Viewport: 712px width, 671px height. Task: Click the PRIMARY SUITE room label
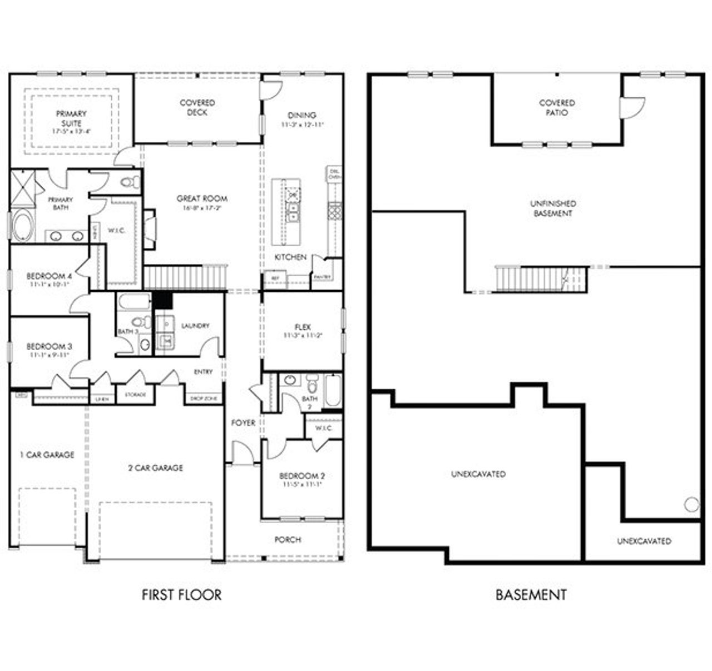(x=71, y=118)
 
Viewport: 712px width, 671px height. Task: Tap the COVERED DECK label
(x=197, y=107)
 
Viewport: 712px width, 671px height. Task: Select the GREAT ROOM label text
(x=201, y=198)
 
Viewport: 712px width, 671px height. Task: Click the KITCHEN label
(x=290, y=257)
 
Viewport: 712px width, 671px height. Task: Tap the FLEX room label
(x=303, y=327)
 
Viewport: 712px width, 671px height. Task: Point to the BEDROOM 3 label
(x=49, y=347)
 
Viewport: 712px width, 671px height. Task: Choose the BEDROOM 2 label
(x=301, y=476)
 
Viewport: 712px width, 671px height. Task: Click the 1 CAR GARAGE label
(x=47, y=455)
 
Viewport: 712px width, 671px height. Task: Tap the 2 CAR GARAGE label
(x=155, y=468)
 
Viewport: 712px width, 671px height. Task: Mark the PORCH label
(x=288, y=540)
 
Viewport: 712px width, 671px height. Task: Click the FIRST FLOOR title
(x=181, y=595)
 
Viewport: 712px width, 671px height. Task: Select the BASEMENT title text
(x=531, y=595)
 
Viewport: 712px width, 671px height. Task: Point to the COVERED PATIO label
(x=557, y=107)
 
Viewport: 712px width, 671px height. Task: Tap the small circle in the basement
(x=691, y=505)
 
